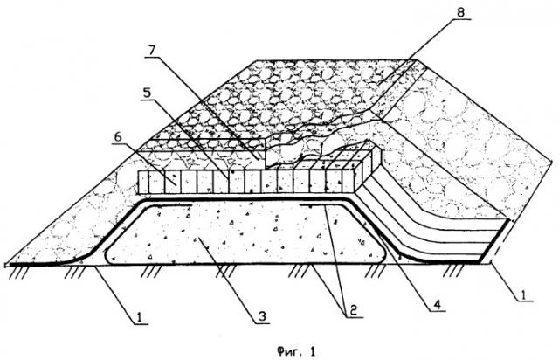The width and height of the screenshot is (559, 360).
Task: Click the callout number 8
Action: pos(460,12)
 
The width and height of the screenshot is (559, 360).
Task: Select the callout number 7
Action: pos(152,51)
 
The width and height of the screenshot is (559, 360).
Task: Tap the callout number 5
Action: pos(148,93)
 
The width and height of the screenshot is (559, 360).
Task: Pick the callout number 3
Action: pos(262,316)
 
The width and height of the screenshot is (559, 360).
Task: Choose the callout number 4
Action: pos(438,304)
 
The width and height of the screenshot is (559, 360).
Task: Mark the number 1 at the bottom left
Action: pos(140,316)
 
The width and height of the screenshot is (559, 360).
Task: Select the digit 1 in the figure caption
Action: pos(313,352)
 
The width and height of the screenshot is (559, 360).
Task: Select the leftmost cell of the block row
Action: pos(143,183)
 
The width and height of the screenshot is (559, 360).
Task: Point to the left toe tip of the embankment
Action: pos(5,265)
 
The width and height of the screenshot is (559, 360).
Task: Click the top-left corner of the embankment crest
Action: pos(256,60)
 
